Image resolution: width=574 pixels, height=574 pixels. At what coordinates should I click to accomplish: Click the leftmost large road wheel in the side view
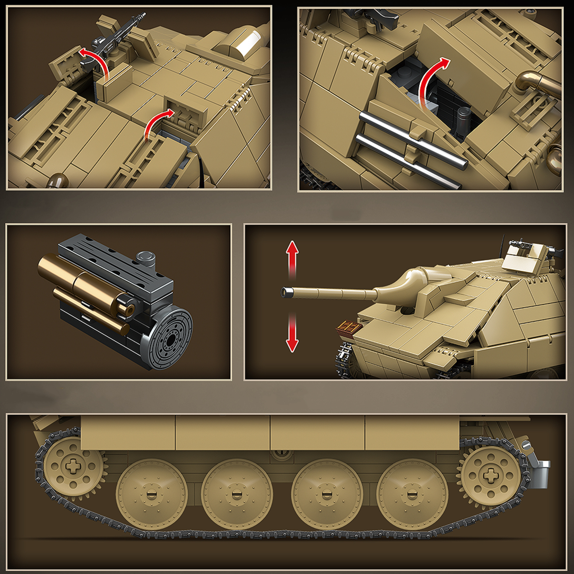[x=151, y=494]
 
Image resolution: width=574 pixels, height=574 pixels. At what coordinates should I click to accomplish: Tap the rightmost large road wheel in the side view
[x=412, y=494]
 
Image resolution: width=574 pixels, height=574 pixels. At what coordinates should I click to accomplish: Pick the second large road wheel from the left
[x=237, y=494]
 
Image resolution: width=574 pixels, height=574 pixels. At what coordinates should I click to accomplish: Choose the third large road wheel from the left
[x=327, y=494]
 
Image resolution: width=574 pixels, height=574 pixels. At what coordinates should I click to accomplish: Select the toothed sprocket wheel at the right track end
[x=491, y=475]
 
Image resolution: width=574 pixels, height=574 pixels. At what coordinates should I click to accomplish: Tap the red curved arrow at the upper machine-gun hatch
[x=95, y=60]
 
